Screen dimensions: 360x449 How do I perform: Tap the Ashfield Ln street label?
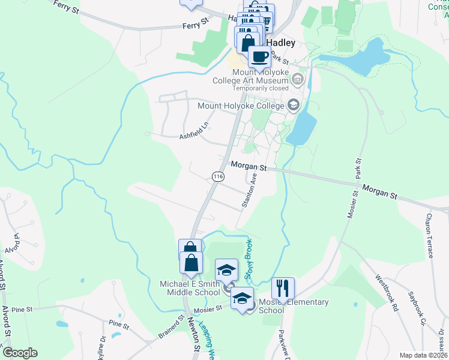(194, 131)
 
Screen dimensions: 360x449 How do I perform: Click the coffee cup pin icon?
(259, 57)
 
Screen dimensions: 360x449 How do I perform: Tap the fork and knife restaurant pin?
(283, 288)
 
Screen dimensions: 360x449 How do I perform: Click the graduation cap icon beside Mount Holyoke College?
(293, 106)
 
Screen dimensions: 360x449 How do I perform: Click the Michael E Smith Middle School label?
(189, 288)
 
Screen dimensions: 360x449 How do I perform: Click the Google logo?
(20, 353)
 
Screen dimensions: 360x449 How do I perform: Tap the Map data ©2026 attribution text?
(424, 355)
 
